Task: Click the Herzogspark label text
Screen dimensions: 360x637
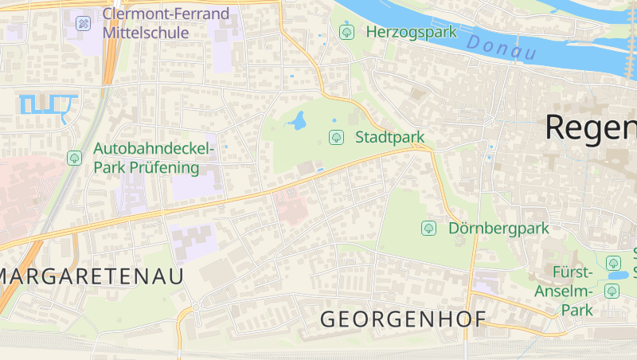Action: coord(411,32)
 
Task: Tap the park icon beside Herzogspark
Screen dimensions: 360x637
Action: coord(346,32)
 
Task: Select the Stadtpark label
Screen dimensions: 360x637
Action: coord(389,137)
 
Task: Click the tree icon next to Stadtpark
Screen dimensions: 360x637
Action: coord(336,137)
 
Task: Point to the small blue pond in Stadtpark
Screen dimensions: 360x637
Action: coord(299,121)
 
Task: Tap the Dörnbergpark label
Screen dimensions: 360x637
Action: coord(498,229)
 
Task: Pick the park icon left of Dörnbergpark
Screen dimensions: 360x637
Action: coord(428,229)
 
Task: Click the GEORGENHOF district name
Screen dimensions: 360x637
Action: coord(403,319)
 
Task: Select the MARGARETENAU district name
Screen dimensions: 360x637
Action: coord(92,276)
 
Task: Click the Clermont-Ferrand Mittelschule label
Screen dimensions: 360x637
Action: coord(166,23)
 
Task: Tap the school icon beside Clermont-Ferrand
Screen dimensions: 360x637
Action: coord(83,23)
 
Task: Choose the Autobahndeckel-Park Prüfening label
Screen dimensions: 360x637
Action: coord(154,158)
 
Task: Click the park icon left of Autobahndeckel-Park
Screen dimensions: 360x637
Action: coord(74,158)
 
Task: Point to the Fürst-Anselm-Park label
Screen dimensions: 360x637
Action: coord(573,291)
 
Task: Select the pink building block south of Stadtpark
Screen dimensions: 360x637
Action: coord(291,206)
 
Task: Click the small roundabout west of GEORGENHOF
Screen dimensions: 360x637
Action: coord(194,307)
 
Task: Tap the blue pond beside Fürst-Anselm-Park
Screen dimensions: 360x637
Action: coord(616,276)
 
